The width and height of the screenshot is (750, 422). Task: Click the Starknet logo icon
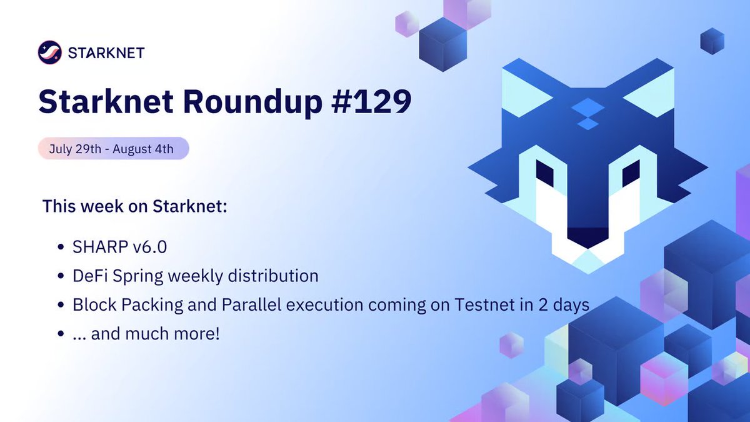click(x=49, y=52)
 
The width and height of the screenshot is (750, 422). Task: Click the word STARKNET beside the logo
click(x=106, y=52)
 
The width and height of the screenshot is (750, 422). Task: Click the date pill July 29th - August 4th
click(x=113, y=149)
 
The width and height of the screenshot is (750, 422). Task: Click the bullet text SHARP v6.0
click(x=120, y=247)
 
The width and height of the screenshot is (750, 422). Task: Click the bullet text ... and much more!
click(x=146, y=334)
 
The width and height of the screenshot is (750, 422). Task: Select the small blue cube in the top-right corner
click(x=712, y=41)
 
